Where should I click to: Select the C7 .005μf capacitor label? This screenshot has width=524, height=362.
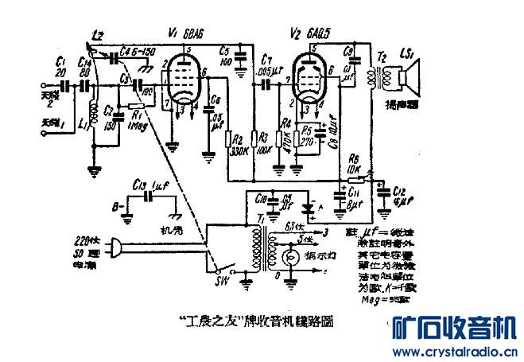click(265, 66)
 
